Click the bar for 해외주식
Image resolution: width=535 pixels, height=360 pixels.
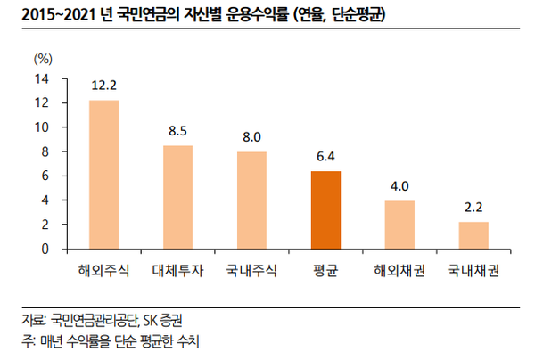coord(103,175)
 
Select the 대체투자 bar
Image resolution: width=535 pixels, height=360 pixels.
coord(177,197)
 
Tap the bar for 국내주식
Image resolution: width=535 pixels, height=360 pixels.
coord(251,200)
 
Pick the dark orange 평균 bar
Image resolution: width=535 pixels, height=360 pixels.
coord(325,210)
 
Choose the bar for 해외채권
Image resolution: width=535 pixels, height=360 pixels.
coord(399,225)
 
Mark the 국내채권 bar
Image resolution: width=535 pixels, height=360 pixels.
coord(473,235)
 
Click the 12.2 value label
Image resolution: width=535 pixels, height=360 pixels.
coord(103,86)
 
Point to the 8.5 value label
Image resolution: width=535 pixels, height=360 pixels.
coord(177,132)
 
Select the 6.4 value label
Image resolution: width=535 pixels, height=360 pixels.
coord(325,157)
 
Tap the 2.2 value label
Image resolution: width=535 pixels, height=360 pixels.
coord(473,209)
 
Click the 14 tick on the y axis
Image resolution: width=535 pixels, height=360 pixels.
coord(41,78)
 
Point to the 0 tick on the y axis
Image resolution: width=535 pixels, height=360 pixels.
coord(45,249)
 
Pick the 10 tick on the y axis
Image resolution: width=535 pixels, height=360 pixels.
coord(41,127)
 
